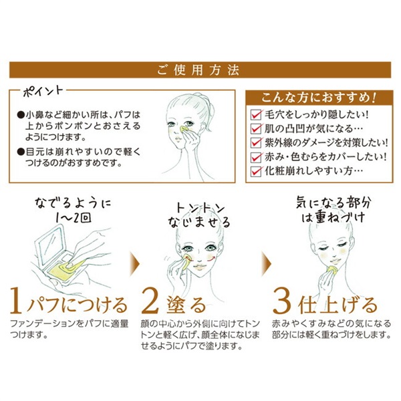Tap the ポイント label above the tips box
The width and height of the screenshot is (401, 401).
point(43,89)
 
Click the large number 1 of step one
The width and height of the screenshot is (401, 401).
point(15,303)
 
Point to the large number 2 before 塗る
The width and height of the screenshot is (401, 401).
point(152,303)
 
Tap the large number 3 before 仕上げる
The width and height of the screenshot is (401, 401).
point(281,303)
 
